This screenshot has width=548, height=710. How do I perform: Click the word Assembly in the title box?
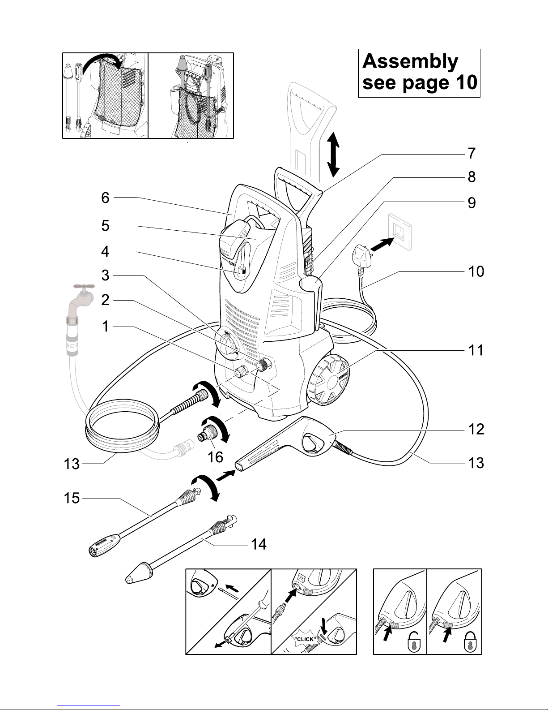pyautogui.click(x=410, y=62)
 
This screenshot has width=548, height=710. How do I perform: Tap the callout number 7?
pyautogui.click(x=472, y=154)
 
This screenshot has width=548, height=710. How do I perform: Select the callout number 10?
pyautogui.click(x=476, y=271)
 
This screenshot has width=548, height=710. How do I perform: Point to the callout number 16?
pyautogui.click(x=216, y=457)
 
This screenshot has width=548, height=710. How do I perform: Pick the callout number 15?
pyautogui.click(x=70, y=498)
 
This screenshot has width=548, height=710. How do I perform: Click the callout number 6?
pyautogui.click(x=105, y=198)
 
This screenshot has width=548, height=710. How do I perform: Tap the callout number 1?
pyautogui.click(x=105, y=327)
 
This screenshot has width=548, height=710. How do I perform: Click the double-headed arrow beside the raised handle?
pyautogui.click(x=332, y=155)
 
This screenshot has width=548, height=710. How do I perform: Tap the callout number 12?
pyautogui.click(x=476, y=429)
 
